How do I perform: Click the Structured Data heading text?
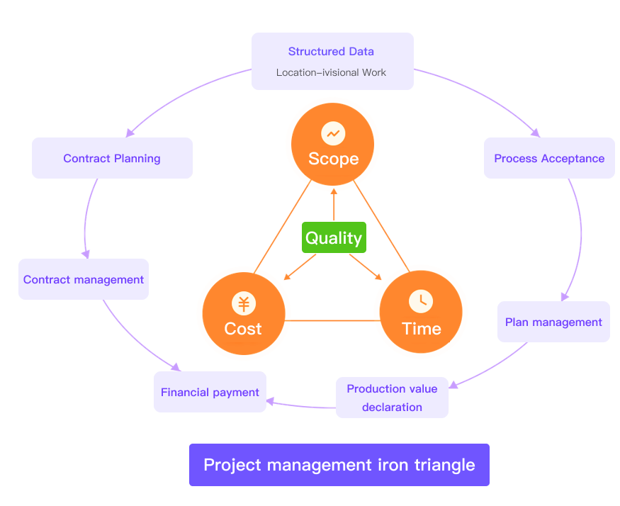tap(331, 52)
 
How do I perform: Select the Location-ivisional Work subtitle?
tap(331, 72)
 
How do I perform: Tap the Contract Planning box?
tap(112, 158)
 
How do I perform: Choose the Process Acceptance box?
tap(549, 158)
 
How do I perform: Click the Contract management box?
tap(84, 279)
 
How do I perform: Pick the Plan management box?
tap(553, 322)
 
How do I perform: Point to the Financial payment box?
tap(210, 392)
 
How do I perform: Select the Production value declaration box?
tap(392, 398)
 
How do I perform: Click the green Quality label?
tap(334, 238)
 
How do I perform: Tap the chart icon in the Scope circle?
tap(332, 133)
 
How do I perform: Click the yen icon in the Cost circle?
tap(244, 304)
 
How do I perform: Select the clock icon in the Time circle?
tap(421, 300)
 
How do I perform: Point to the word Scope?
tap(333, 159)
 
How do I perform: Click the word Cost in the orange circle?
tap(243, 329)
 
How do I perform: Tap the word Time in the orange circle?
tap(422, 329)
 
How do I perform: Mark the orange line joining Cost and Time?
tap(333, 321)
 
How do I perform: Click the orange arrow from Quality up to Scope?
tap(333, 206)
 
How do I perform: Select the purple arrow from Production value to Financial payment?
tap(301, 406)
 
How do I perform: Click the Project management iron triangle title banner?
tap(339, 465)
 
